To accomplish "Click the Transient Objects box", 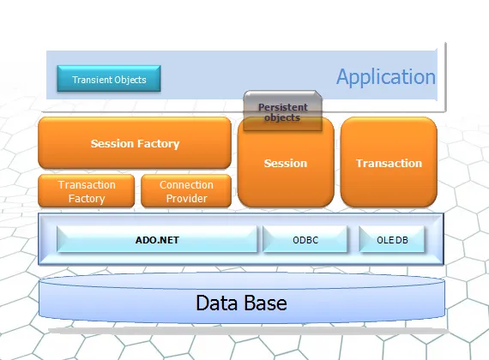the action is [x=109, y=79].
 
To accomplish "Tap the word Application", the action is [x=386, y=77].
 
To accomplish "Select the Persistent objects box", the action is [x=282, y=111].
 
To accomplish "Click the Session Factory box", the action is [x=135, y=143].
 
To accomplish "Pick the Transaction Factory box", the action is [x=87, y=191].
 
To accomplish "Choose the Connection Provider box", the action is [x=186, y=191].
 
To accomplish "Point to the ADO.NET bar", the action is [x=157, y=239].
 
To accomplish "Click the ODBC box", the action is [x=305, y=239].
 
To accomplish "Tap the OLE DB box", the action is [x=392, y=239].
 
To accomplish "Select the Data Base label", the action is [x=241, y=303].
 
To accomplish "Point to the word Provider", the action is [x=186, y=199].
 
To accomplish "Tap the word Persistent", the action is [x=283, y=107].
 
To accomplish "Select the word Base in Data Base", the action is [x=264, y=303].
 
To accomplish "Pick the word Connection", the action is [x=186, y=185].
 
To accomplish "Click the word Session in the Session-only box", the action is [x=286, y=164].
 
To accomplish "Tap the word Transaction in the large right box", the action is [x=389, y=164].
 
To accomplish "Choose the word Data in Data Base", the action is [x=216, y=303].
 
